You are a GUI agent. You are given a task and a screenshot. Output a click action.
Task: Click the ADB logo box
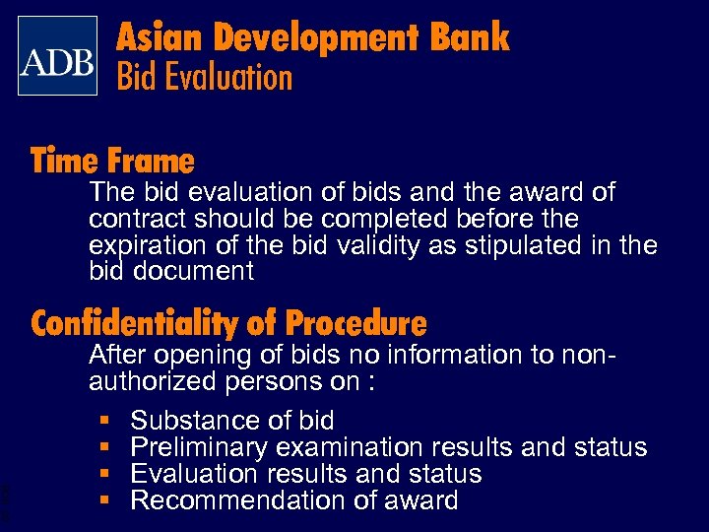pyautogui.click(x=57, y=56)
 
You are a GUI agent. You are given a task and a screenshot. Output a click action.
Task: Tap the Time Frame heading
pyautogui.click(x=112, y=160)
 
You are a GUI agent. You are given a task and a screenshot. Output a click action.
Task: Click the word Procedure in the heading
pyautogui.click(x=355, y=322)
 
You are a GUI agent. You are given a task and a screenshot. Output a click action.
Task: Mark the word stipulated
pyautogui.click(x=529, y=244)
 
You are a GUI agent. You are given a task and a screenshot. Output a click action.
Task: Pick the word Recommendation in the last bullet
pyautogui.click(x=229, y=500)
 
